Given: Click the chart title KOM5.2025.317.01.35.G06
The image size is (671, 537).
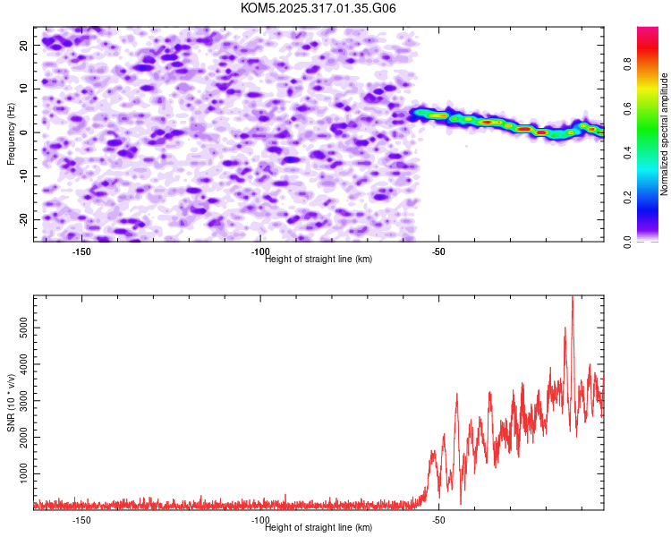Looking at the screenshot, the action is (318, 8).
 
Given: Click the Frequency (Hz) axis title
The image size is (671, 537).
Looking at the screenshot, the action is (11, 134).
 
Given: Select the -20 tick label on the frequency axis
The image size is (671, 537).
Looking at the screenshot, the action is (23, 220).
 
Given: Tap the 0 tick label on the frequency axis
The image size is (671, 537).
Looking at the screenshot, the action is (23, 132).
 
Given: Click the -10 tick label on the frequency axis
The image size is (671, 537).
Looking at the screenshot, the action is (23, 176).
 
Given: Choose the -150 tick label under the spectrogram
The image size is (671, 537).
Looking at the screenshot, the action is (81, 251).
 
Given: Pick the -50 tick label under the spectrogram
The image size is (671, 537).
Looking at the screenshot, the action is (438, 251).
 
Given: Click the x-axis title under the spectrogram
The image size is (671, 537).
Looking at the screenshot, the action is (319, 259).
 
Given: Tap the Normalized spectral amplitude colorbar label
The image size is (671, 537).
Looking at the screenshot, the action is (664, 134).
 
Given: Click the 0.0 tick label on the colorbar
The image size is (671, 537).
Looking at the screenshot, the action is (627, 243).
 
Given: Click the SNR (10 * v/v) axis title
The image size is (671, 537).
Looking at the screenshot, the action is (11, 403).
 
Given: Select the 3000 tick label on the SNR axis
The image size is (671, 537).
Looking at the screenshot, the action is (23, 401).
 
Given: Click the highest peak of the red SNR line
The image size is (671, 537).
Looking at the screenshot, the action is (573, 296).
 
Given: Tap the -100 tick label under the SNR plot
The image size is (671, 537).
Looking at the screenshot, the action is (260, 520).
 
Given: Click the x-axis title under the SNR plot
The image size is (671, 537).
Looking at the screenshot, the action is (319, 527).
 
